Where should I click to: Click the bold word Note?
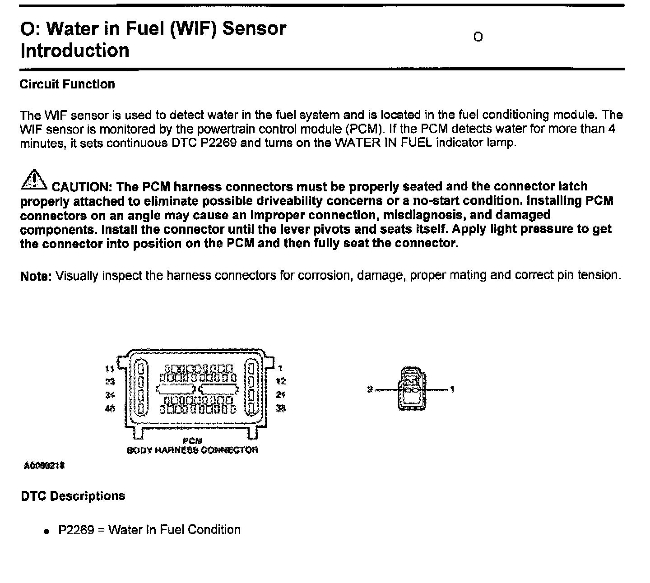(36, 276)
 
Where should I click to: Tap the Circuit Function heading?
(67, 84)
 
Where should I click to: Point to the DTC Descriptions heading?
(73, 496)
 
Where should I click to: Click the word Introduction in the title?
(75, 50)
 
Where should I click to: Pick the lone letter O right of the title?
(478, 37)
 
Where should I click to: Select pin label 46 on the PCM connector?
(110, 408)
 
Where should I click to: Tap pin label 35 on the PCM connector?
(281, 408)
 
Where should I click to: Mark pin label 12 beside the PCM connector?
(281, 381)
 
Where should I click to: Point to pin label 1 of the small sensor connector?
(452, 389)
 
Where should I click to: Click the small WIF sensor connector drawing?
(412, 389)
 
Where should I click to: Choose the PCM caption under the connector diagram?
(193, 440)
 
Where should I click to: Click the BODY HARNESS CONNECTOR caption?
(193, 450)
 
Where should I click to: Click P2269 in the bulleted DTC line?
(76, 530)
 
